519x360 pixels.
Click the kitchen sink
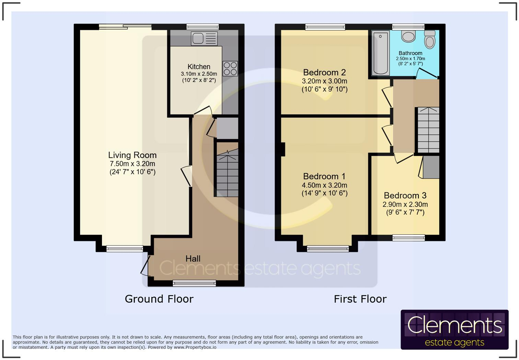204,38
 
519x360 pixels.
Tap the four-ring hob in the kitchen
230,68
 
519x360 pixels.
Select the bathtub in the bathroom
380,53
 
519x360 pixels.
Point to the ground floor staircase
227,170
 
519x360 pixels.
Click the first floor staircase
428,130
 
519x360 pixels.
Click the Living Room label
132,155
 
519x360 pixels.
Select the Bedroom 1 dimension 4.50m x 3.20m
324,185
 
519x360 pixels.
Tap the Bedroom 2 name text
324,72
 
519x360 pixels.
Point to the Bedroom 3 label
405,195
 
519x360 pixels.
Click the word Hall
193,259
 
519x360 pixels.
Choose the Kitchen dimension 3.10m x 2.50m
199,74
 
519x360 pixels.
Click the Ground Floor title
159,299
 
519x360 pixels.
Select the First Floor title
360,299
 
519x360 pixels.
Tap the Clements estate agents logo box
454,329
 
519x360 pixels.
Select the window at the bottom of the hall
194,283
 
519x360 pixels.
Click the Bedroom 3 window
408,238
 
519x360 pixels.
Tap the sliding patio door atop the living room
125,26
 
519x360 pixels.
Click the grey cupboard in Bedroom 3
431,167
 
